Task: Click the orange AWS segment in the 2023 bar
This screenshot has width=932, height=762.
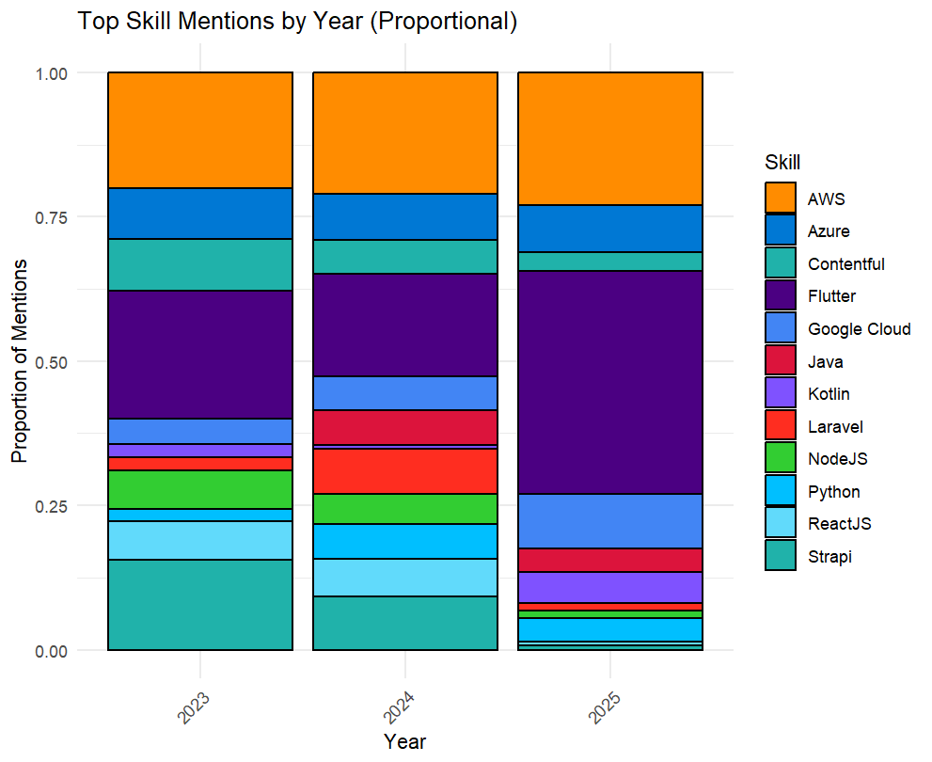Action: point(200,130)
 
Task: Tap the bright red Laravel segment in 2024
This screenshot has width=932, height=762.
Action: point(405,470)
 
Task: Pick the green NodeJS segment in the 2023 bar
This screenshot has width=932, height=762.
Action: point(200,489)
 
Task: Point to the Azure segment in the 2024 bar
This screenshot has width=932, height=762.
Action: point(405,216)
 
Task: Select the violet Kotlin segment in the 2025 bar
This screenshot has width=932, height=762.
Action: point(610,587)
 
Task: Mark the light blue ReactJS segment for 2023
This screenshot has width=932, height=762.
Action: point(200,540)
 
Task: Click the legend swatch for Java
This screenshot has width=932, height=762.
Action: point(781,361)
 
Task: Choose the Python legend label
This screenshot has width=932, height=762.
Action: point(833,492)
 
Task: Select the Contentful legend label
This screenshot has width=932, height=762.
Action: point(845,264)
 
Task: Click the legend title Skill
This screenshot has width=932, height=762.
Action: point(782,163)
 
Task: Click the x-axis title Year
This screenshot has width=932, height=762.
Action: point(405,741)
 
